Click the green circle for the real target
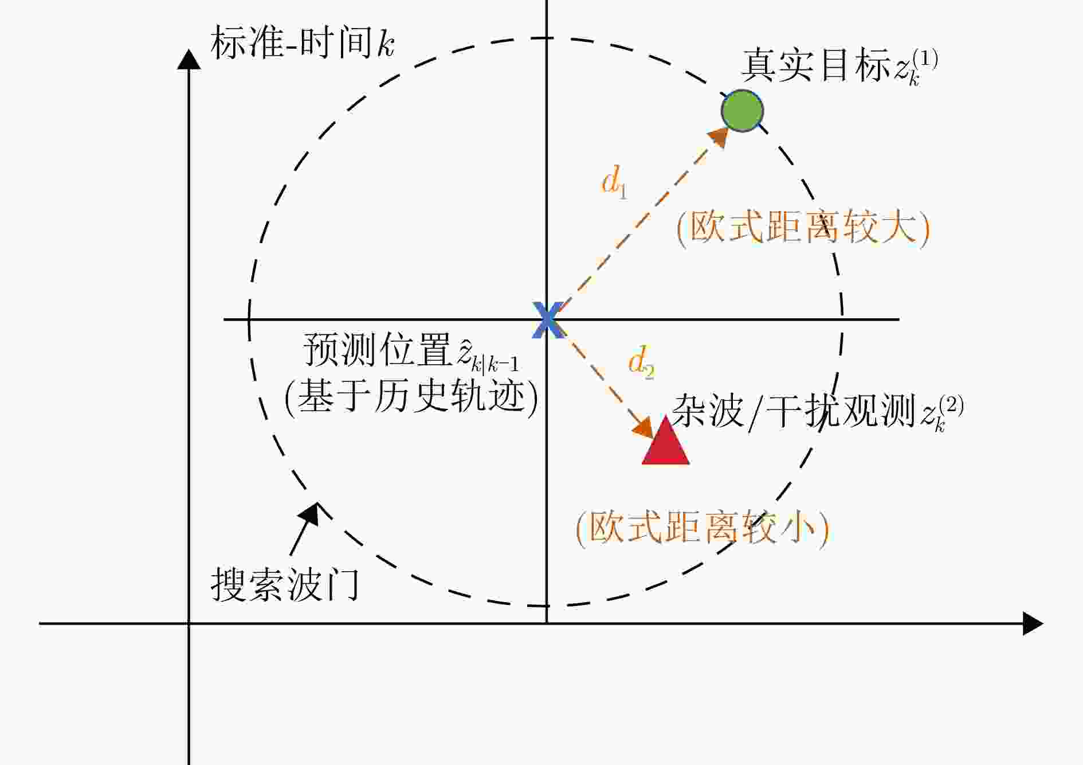742,111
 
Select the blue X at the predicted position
548,319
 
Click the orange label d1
614,182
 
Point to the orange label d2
641,362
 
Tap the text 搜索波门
285,585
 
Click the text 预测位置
379,349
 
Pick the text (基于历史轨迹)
411,397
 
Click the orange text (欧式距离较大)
803,228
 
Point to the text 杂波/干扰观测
794,411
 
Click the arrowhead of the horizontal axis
1033,623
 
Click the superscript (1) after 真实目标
925,60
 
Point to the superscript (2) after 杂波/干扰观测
951,406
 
